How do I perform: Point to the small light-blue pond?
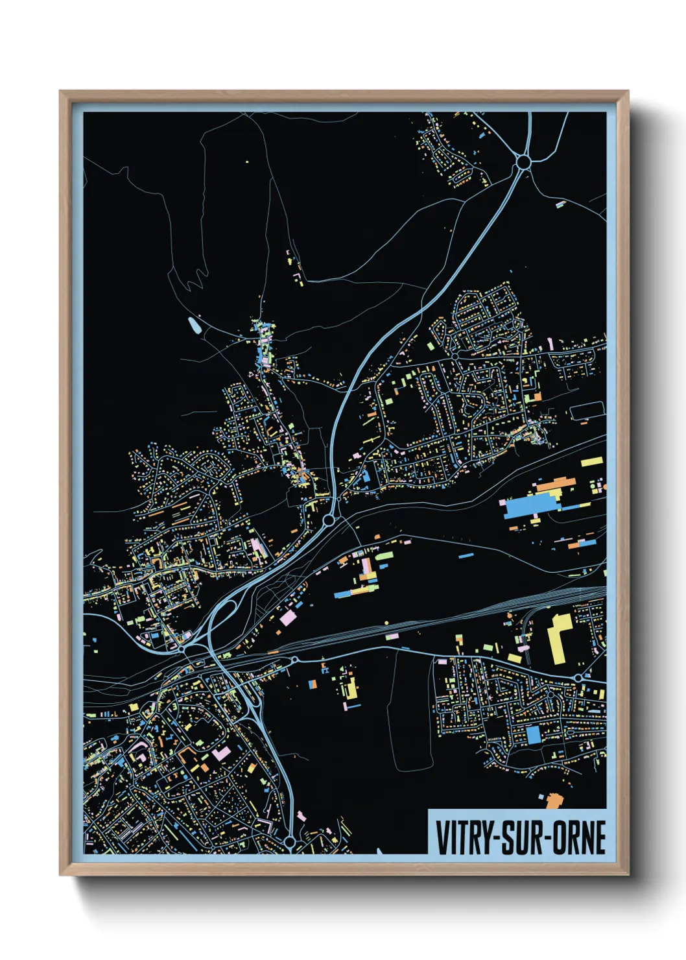[194, 324]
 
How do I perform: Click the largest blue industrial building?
[528, 507]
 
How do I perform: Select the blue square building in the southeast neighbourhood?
[533, 734]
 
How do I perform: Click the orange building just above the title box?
[552, 800]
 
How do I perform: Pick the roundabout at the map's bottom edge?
[290, 842]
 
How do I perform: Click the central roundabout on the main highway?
[329, 520]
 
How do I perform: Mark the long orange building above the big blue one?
[554, 483]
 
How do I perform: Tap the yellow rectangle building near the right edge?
[591, 462]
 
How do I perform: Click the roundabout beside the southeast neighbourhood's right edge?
[577, 678]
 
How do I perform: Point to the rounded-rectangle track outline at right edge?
[587, 410]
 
